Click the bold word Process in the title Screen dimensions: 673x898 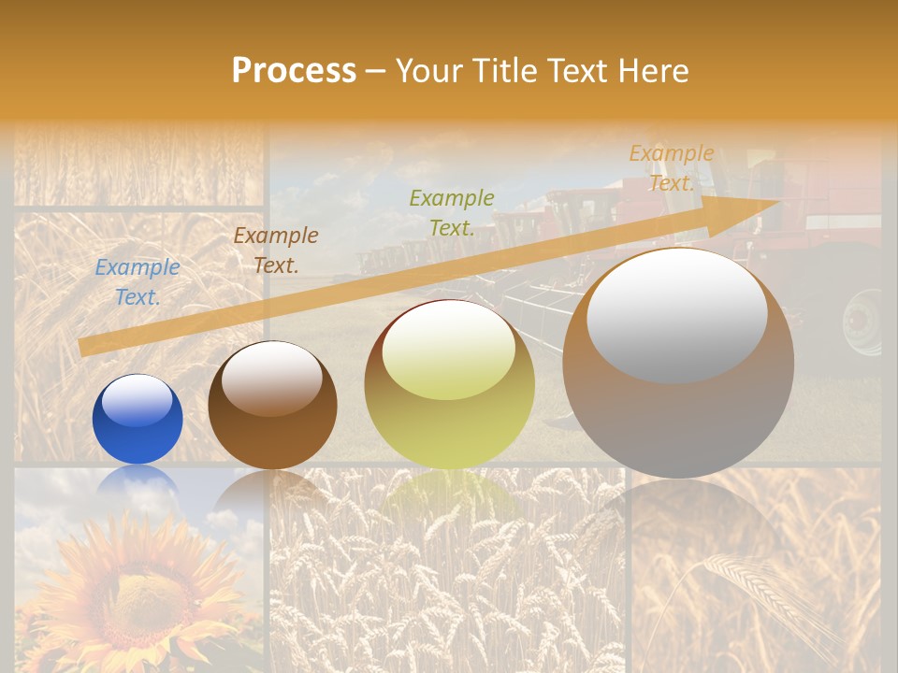(x=294, y=71)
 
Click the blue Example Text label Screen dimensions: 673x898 (x=138, y=282)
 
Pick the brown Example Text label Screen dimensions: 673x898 (x=276, y=251)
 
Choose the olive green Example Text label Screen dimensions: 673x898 (x=452, y=212)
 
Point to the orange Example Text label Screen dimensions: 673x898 (x=671, y=168)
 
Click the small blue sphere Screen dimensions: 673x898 (x=138, y=420)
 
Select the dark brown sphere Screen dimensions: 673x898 (x=272, y=406)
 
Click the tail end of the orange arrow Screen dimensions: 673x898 (x=82, y=348)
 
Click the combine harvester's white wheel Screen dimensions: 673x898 (x=862, y=322)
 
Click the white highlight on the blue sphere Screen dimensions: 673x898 (x=137, y=401)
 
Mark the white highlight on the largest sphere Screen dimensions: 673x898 (x=677, y=314)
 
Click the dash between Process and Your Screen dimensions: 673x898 (x=376, y=71)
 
